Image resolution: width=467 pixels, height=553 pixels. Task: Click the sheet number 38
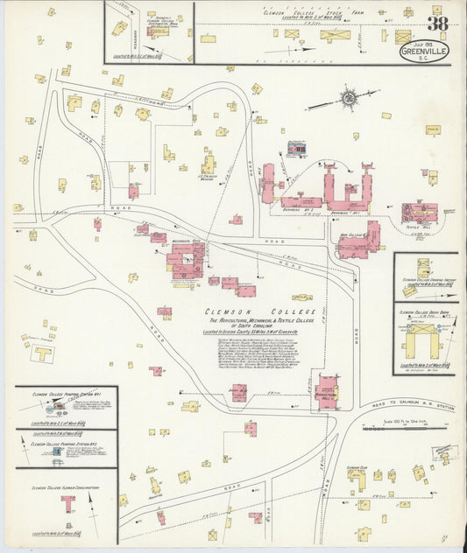pyautogui.click(x=437, y=24)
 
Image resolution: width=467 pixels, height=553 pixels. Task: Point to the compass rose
pyautogui.click(x=349, y=98)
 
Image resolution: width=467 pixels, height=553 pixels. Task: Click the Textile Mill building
pyautogui.click(x=419, y=213)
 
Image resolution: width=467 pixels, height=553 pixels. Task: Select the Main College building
pyautogui.click(x=358, y=240)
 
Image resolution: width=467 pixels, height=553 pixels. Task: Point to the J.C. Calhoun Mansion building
pyautogui.click(x=209, y=164)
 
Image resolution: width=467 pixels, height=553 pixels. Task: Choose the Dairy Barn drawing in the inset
pyautogui.click(x=425, y=337)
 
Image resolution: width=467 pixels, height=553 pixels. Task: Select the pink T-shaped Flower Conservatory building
pyautogui.click(x=67, y=503)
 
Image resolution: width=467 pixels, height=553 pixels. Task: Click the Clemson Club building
pyautogui.click(x=357, y=477)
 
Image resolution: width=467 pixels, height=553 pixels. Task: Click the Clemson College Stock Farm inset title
pyautogui.click(x=315, y=14)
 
